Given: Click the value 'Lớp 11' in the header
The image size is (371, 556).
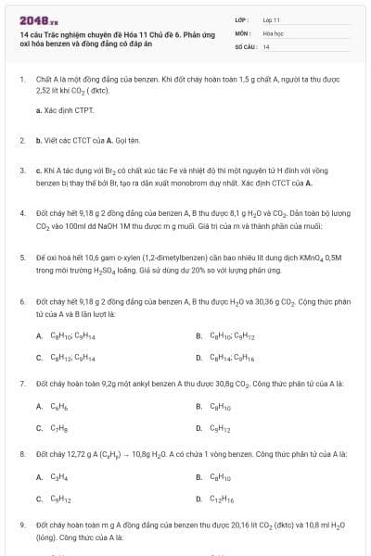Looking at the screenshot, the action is (x=271, y=19).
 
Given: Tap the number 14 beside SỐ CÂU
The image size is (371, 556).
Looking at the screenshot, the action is (x=266, y=45).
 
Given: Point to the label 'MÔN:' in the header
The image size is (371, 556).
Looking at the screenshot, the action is (x=239, y=32).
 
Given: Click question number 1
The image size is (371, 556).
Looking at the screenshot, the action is (x=21, y=81).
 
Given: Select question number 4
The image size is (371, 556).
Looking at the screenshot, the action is (x=21, y=212).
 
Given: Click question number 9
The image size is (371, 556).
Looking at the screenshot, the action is (x=21, y=524).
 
